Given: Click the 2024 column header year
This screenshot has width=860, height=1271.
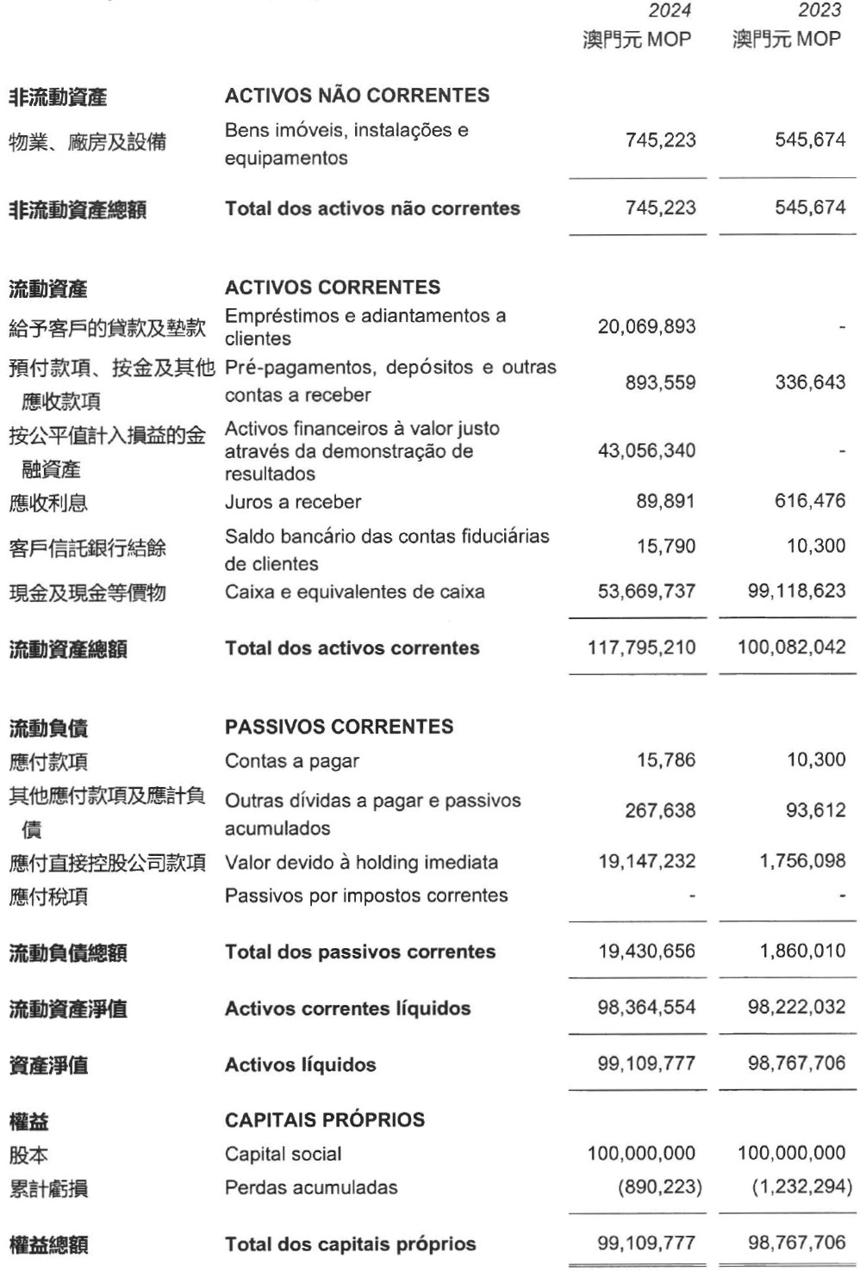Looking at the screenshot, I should point(670,10).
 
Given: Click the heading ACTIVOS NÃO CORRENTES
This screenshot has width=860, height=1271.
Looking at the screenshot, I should point(357,96).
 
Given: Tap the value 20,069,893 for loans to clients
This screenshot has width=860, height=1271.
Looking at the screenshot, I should point(646,326).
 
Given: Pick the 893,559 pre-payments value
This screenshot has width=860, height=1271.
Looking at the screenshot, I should point(660,382).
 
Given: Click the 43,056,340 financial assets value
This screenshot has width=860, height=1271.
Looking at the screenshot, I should point(646,450).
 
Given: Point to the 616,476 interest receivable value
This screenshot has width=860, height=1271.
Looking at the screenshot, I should point(810,501).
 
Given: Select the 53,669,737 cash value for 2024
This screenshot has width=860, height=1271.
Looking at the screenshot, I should point(646,592).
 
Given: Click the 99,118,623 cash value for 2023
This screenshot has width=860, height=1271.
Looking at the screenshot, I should point(796,592).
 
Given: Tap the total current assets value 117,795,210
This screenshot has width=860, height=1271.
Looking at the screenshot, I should point(642,648).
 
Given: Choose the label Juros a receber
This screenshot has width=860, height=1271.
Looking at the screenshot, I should point(293,502).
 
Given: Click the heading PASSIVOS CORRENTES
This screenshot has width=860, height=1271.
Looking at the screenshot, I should point(339,727).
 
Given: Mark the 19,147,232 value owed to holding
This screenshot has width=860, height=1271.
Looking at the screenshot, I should point(646,861).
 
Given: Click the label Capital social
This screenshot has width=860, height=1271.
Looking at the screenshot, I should point(283,1154).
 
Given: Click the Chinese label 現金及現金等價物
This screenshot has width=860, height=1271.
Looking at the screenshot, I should point(87,592).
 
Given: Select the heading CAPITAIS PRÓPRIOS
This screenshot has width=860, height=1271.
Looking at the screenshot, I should point(325,1120).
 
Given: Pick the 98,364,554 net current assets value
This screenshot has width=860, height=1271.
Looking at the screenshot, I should point(646,1008).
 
